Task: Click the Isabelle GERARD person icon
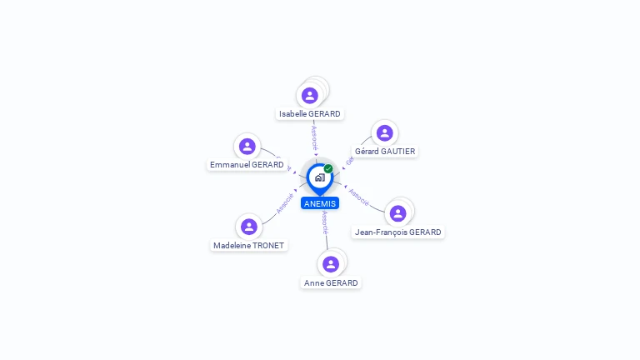pyautogui.click(x=310, y=96)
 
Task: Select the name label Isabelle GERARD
pyautogui.click(x=310, y=114)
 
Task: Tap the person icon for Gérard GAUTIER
pyautogui.click(x=384, y=133)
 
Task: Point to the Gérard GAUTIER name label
pyautogui.click(x=385, y=152)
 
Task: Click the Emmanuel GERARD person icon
pyautogui.click(x=247, y=147)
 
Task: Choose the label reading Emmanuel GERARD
pyautogui.click(x=247, y=165)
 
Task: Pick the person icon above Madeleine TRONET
pyautogui.click(x=248, y=227)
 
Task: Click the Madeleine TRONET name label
pyautogui.click(x=248, y=246)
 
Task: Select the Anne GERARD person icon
pyautogui.click(x=331, y=264)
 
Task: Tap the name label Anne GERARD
pyautogui.click(x=331, y=283)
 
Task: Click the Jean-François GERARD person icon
pyautogui.click(x=398, y=213)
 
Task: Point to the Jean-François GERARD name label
pyautogui.click(x=398, y=232)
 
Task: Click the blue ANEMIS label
pyautogui.click(x=320, y=203)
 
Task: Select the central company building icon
pyautogui.click(x=319, y=177)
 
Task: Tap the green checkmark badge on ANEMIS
pyautogui.click(x=328, y=168)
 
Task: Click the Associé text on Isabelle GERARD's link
pyautogui.click(x=314, y=137)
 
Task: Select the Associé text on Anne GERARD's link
pyautogui.click(x=325, y=222)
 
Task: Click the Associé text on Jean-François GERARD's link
pyautogui.click(x=359, y=197)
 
